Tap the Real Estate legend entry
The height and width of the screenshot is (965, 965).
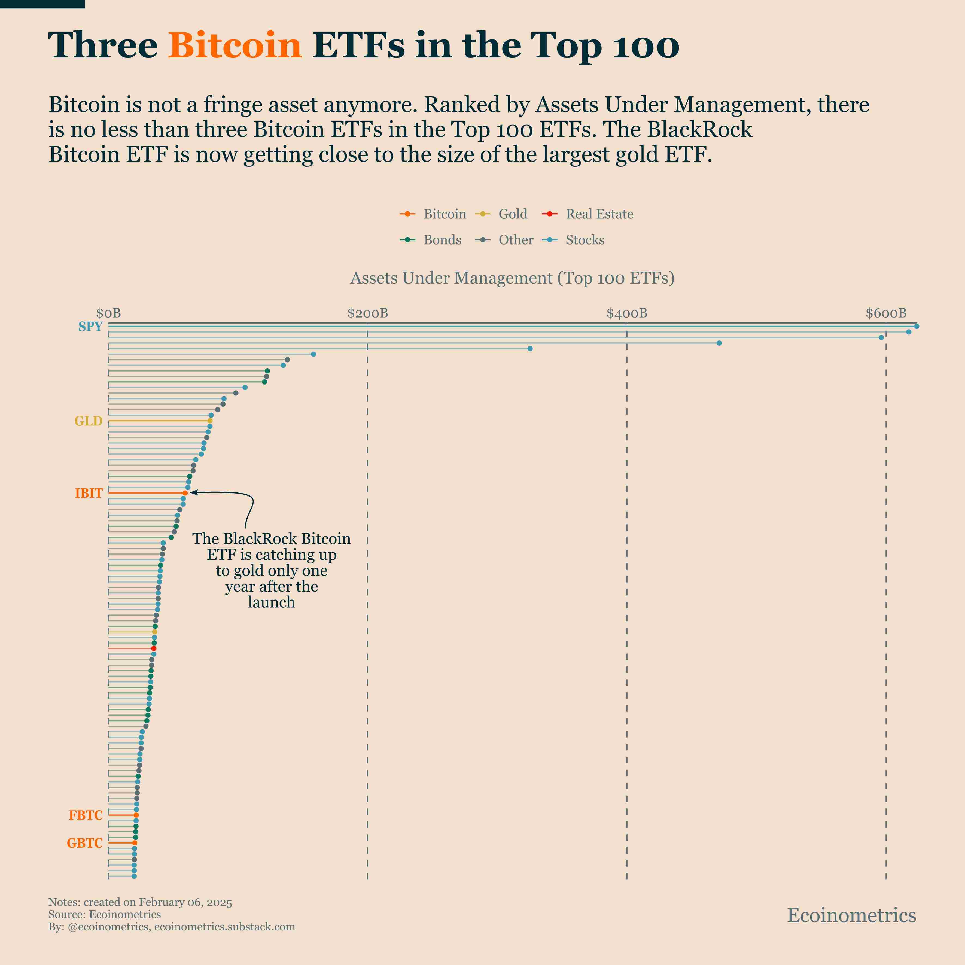click(588, 214)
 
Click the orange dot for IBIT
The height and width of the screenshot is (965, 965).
click(185, 493)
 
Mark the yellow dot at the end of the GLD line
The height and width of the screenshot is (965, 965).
click(210, 421)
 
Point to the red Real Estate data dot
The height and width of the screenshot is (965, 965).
click(154, 648)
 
